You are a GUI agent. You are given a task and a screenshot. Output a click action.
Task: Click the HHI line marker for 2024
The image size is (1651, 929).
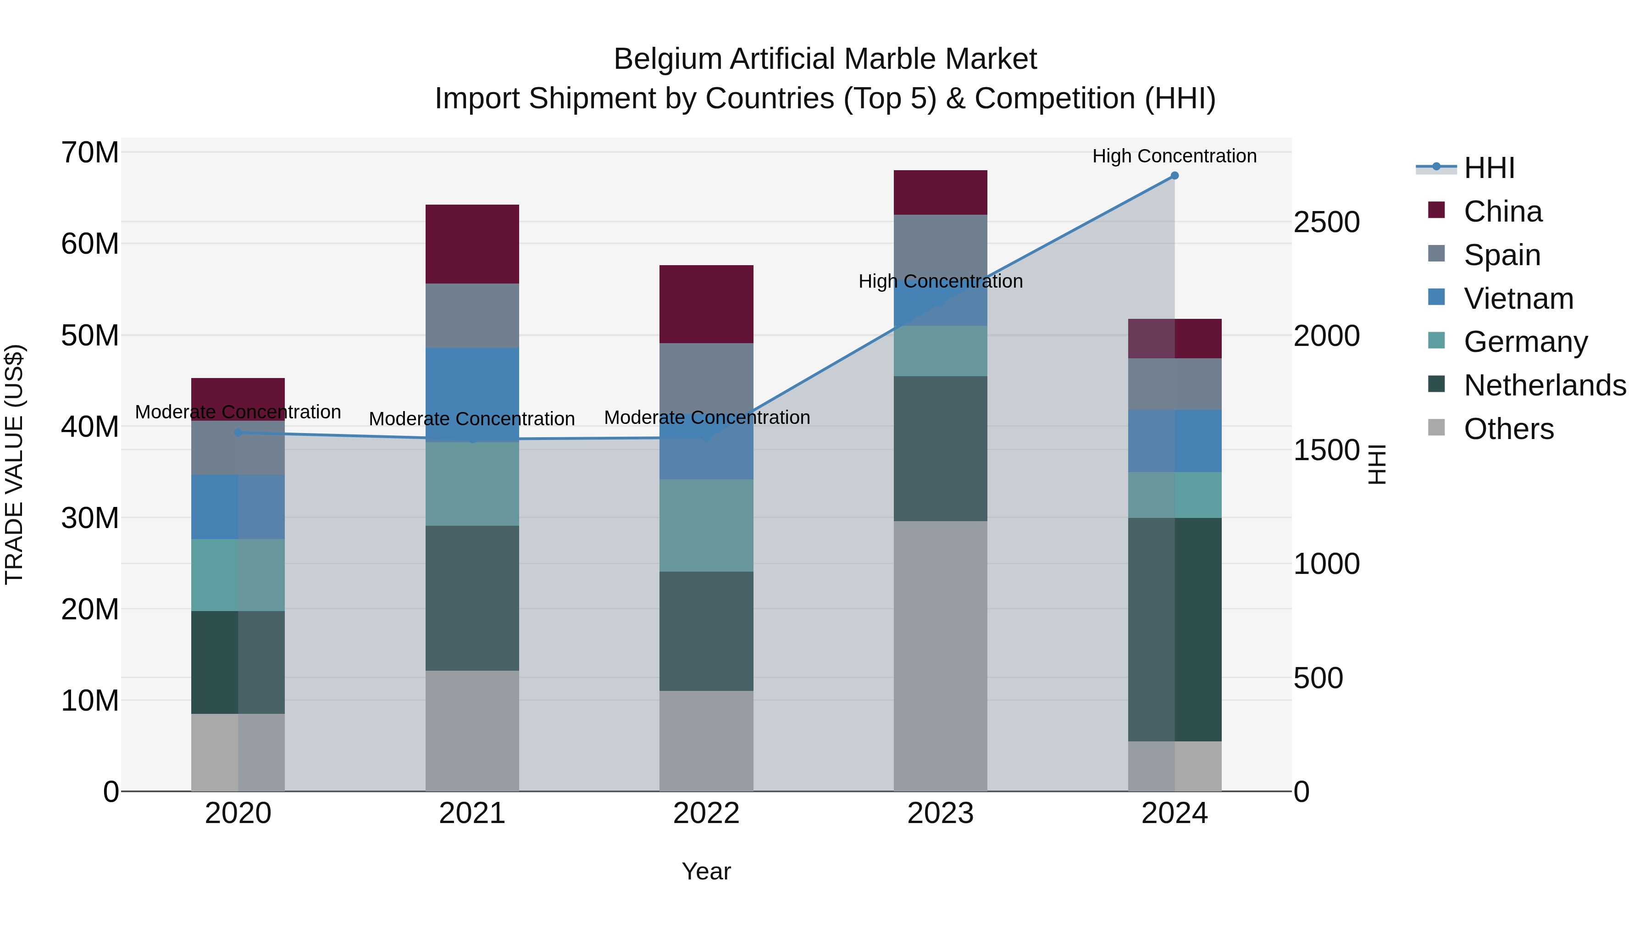1174,176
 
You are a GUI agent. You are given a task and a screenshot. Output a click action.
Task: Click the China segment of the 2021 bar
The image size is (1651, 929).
472,244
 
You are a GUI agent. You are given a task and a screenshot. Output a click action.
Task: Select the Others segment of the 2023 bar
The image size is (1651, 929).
940,656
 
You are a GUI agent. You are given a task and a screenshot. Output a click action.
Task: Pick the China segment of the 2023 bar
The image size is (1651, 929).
940,192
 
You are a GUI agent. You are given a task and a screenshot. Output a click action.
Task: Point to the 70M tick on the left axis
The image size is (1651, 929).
90,153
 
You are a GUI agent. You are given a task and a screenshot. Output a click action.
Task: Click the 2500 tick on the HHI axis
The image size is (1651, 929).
1326,223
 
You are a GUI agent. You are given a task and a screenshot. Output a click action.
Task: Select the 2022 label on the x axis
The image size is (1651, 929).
706,813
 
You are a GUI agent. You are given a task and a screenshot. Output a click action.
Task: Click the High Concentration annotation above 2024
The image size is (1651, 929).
1174,156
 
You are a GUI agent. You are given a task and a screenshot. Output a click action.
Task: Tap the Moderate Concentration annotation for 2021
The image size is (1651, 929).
472,419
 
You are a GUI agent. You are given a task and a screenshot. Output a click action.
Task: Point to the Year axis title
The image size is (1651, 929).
706,871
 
